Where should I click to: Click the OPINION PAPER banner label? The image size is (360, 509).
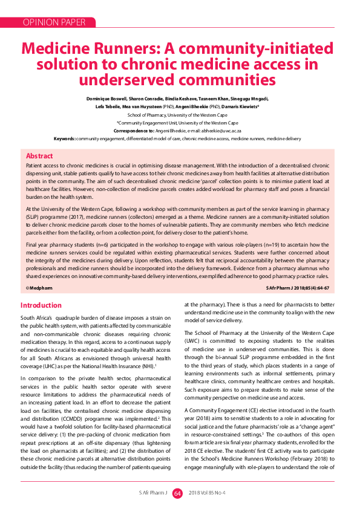click(54, 22)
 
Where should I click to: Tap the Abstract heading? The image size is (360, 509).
click(39, 156)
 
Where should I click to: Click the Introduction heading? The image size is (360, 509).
click(41, 305)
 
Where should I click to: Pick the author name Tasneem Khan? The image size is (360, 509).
click(212, 99)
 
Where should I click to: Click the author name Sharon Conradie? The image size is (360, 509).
click(147, 99)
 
